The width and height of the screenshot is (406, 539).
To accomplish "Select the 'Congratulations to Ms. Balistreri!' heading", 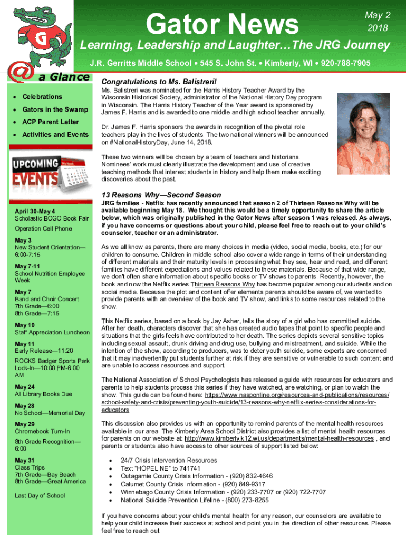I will click(159, 82).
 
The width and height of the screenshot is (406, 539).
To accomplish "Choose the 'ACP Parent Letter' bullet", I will click(50, 122).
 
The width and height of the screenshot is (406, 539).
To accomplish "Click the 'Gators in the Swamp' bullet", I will click(54, 109).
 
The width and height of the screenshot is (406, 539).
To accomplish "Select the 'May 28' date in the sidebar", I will click(24, 406).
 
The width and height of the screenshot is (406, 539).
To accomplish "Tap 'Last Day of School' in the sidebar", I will click(40, 495).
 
